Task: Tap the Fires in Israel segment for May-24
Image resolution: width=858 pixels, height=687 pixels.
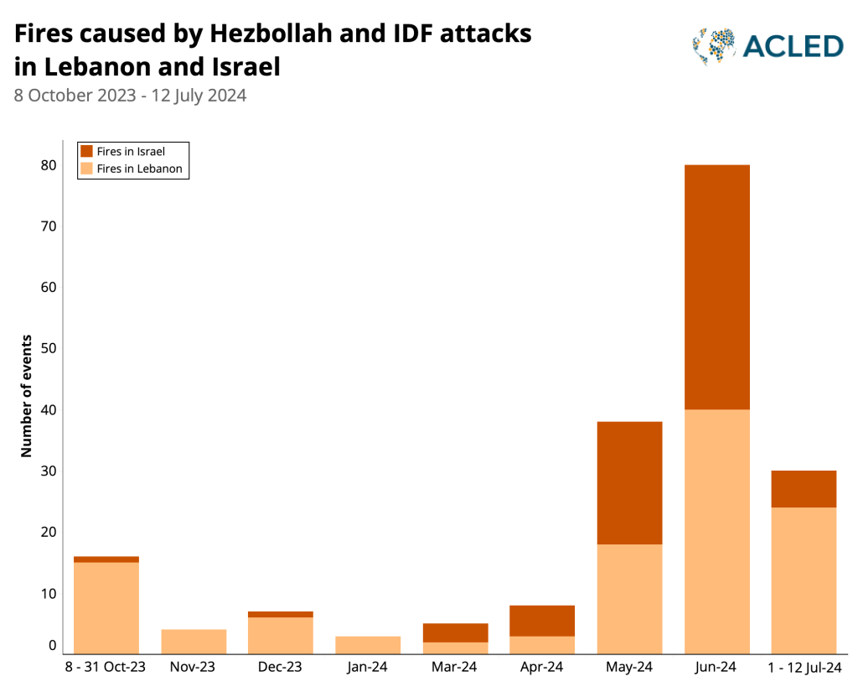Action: pyautogui.click(x=629, y=482)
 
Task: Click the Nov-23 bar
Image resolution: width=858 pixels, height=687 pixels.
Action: pyautogui.click(x=194, y=642)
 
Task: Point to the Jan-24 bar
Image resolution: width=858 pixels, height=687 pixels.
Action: pyautogui.click(x=368, y=645)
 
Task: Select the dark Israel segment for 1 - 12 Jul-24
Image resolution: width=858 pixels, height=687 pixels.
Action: pyautogui.click(x=804, y=489)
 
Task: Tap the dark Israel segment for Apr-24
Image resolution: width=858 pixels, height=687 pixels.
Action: pyautogui.click(x=542, y=621)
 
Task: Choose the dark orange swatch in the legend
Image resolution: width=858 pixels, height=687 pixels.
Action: pyautogui.click(x=86, y=152)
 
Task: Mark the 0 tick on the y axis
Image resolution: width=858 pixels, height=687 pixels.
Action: pyautogui.click(x=52, y=646)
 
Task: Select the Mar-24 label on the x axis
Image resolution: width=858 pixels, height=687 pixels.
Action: pyautogui.click(x=455, y=668)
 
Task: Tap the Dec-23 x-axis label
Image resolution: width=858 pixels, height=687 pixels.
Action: pyautogui.click(x=281, y=668)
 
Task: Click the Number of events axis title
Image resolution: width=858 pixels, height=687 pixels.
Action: pyautogui.click(x=27, y=396)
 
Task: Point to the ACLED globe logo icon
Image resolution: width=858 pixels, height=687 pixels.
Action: pyautogui.click(x=714, y=46)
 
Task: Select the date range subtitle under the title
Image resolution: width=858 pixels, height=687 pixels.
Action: pyautogui.click(x=130, y=95)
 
